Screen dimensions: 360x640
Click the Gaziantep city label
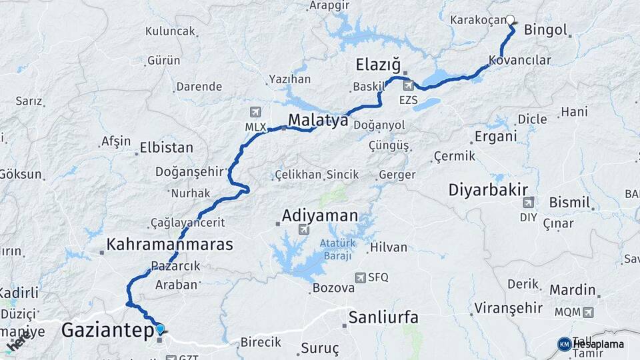tap(107, 330)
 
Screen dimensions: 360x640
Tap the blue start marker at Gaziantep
tap(160, 328)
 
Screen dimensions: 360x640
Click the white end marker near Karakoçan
tap(511, 20)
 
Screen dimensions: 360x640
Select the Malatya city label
tap(318, 121)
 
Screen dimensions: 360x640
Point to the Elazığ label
tap(378, 65)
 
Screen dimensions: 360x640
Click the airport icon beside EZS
tap(408, 85)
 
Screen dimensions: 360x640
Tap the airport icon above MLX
tap(254, 111)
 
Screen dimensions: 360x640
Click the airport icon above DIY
tap(529, 201)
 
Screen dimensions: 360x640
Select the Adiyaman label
tap(320, 215)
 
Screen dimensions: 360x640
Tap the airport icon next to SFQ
tap(361, 277)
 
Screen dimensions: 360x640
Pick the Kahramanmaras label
tap(170, 244)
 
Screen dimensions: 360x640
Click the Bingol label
tap(545, 30)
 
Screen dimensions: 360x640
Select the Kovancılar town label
tap(520, 61)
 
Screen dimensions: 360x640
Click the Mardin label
tap(572, 290)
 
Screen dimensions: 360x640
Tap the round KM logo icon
tap(565, 344)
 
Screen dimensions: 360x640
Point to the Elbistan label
tap(167, 148)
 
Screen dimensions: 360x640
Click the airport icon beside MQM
tap(587, 311)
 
